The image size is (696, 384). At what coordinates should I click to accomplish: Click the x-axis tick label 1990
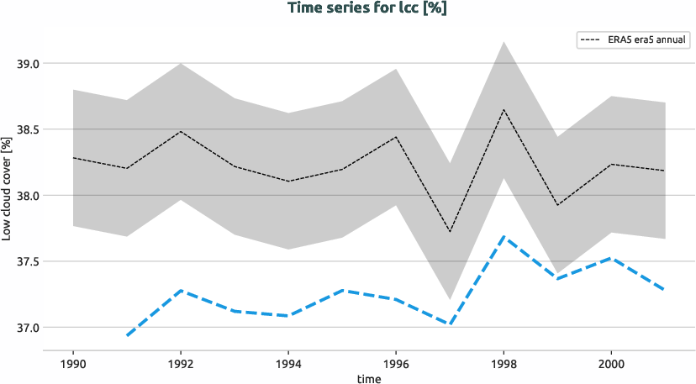73,364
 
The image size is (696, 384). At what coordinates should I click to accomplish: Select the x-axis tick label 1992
181,364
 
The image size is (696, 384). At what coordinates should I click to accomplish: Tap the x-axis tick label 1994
288,364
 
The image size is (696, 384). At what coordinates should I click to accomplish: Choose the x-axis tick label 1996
396,364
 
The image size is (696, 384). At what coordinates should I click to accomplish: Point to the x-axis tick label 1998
504,364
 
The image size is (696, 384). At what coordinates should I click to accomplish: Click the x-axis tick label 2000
611,364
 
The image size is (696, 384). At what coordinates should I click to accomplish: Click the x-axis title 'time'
369,378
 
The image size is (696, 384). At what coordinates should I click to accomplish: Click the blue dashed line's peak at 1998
504,237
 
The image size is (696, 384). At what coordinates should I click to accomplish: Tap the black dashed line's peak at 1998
504,109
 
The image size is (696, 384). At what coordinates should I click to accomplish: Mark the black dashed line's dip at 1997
450,232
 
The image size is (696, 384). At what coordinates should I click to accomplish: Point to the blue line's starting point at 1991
127,335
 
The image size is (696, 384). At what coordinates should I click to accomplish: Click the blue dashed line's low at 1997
450,324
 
